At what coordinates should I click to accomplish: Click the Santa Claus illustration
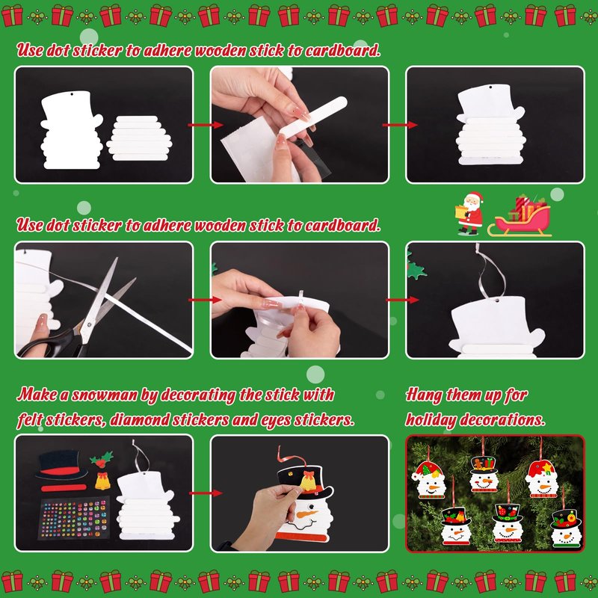coord(470,213)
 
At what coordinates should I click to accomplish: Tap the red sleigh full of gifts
coord(520,216)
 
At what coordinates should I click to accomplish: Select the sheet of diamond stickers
coord(73,517)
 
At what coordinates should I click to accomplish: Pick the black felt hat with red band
coord(61,465)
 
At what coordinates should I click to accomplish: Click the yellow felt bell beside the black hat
coord(102,481)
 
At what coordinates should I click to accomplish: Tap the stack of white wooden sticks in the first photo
coord(139,138)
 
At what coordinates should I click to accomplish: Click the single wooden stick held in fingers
coord(312,116)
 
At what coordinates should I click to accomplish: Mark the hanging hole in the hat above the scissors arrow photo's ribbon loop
coord(497,300)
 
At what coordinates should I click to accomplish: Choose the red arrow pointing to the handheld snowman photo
coord(206,493)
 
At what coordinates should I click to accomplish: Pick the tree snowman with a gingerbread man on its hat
coord(484,474)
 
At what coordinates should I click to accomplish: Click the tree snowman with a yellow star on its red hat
coord(541,479)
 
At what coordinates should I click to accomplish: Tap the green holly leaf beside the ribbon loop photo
coord(416,270)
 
